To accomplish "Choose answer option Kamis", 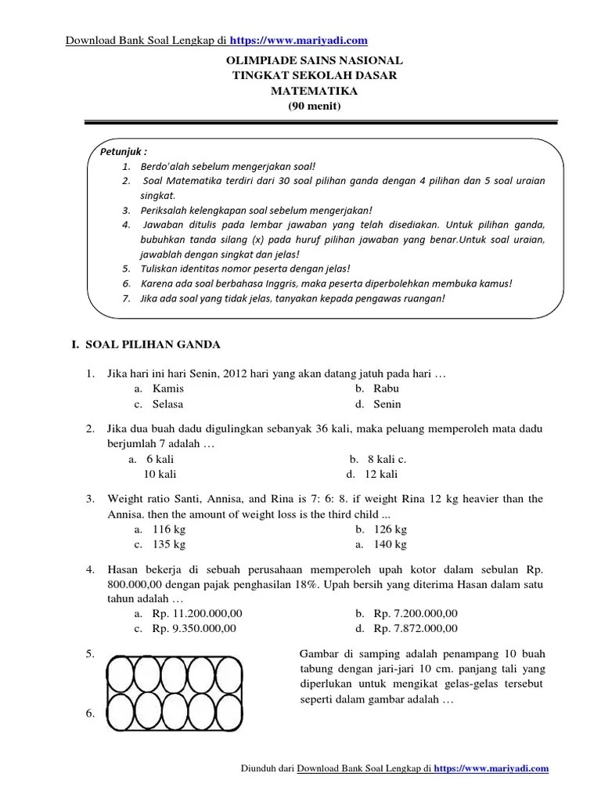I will click(168, 388).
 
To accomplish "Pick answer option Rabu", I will click(387, 388).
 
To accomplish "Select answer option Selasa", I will click(168, 404).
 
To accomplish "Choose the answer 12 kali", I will click(381, 475).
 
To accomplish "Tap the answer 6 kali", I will click(160, 459).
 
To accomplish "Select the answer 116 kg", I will click(169, 529).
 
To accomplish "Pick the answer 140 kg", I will click(390, 544).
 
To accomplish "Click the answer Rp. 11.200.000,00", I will click(197, 613).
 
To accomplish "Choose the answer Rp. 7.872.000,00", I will click(416, 628).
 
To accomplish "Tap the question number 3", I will click(91, 499).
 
